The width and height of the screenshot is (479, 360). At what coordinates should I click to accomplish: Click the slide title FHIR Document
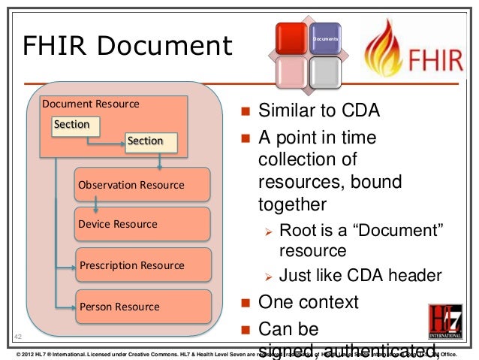[127, 47]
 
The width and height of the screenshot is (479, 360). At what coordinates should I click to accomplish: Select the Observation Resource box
[143, 185]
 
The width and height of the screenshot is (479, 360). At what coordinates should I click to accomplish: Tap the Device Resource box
[143, 225]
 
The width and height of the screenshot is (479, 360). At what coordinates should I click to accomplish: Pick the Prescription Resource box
[143, 265]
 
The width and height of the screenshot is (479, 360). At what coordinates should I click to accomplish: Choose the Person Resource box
[143, 307]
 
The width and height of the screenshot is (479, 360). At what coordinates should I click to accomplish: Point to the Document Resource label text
[91, 104]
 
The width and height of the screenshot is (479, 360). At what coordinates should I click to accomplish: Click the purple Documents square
[325, 38]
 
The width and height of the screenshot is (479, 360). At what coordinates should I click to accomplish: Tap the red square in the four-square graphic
[291, 38]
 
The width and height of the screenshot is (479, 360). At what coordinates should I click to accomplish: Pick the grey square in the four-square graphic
[325, 73]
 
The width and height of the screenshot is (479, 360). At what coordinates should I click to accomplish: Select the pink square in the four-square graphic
[291, 73]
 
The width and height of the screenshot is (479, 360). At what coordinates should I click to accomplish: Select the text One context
[308, 303]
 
